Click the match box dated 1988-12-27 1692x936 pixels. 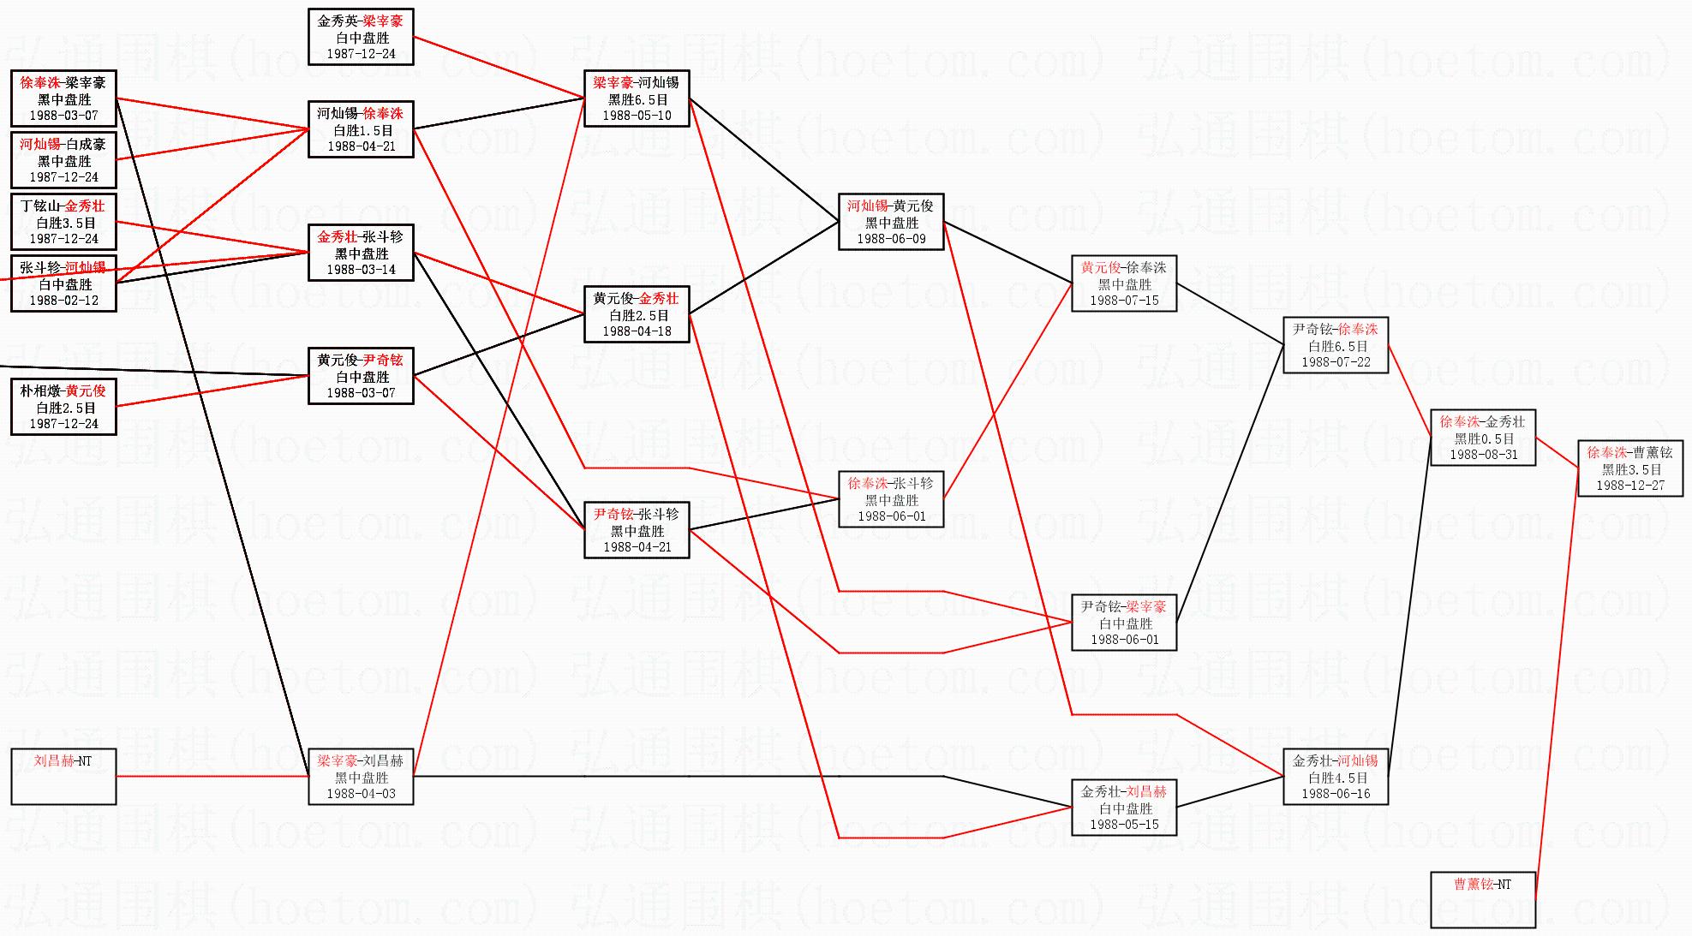coord(1629,468)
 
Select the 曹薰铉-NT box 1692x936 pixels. coord(1482,899)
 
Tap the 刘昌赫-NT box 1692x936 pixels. coord(63,777)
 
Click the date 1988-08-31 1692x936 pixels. coord(1482,455)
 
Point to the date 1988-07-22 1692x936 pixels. coord(1336,362)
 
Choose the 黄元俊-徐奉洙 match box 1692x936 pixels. coord(1123,283)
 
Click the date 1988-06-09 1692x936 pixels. coord(891,239)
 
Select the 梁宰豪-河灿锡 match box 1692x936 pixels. coord(637,98)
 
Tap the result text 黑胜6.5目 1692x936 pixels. coord(637,99)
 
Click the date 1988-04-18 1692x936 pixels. coord(637,331)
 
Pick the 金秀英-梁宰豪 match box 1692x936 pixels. coord(361,37)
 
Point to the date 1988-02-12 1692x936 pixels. coord(64,301)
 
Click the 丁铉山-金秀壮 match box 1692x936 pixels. coord(63,222)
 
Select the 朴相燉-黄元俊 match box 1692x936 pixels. coord(63,407)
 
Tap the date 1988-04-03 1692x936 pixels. coord(361,794)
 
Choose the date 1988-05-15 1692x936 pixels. coord(1124,825)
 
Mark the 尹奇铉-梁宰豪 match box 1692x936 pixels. coord(1123,623)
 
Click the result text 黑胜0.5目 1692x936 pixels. coord(1484,438)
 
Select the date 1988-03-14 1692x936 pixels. coord(361,270)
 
